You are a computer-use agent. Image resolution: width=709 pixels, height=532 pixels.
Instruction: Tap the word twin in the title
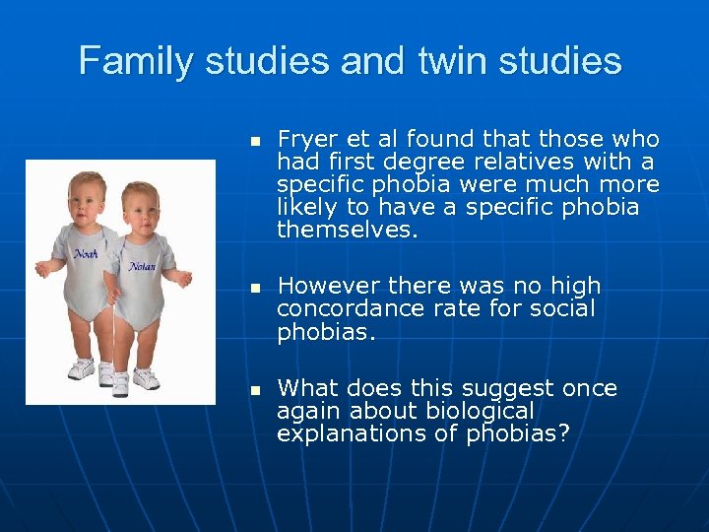point(454,61)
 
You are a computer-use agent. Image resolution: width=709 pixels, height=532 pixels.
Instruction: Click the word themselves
point(347,231)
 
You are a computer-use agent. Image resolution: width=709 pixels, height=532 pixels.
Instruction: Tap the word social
point(564,309)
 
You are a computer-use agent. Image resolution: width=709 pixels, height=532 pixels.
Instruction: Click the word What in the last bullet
point(307,388)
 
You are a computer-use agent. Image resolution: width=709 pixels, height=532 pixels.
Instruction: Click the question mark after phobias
point(563,433)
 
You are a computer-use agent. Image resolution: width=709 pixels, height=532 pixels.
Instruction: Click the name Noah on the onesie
point(85,254)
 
